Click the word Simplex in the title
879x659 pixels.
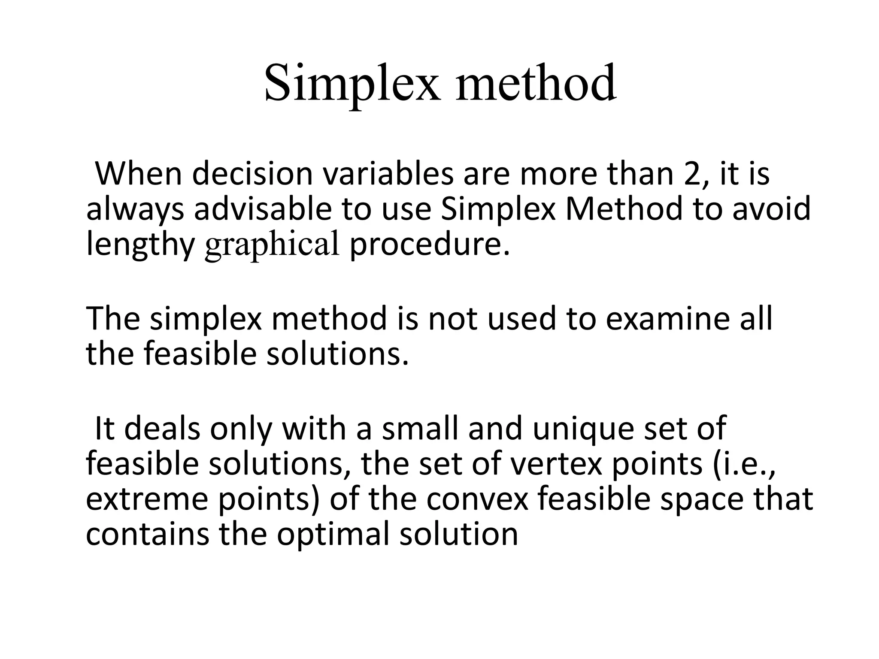pos(352,84)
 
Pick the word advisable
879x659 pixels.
pos(263,209)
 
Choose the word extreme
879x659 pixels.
pos(147,499)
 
